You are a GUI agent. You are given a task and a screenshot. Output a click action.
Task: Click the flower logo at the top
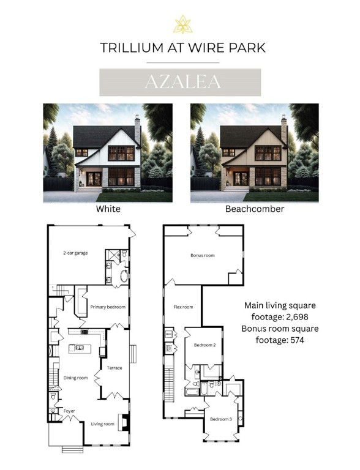pos(182,24)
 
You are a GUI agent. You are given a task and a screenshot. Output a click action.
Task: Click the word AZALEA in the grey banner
pos(180,83)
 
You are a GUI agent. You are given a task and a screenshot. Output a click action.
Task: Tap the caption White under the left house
pos(108,209)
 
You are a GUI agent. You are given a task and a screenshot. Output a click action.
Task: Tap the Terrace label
pos(114,368)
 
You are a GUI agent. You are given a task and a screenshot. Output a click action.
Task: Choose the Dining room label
pos(75,378)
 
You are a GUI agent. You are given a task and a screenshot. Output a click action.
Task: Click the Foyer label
pos(68,411)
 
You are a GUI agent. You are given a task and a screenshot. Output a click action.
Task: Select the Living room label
pos(103,423)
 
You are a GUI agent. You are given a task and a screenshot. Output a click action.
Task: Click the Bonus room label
pos(203,255)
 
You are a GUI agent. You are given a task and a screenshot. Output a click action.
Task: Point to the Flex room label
pos(183,307)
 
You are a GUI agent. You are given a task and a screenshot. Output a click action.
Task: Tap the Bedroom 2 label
pos(203,345)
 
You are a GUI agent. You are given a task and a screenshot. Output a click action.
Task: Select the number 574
pos(293,339)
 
